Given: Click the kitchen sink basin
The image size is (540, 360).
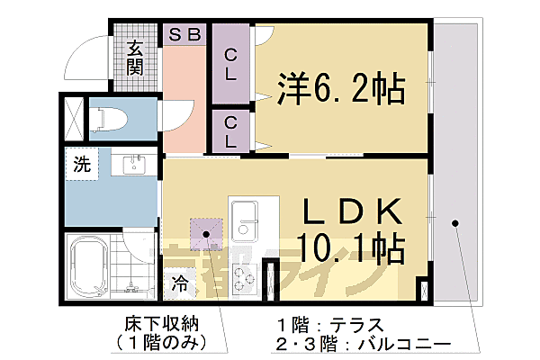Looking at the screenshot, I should pos(245,217).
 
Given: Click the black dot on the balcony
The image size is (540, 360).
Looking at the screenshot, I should pos(455,222).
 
